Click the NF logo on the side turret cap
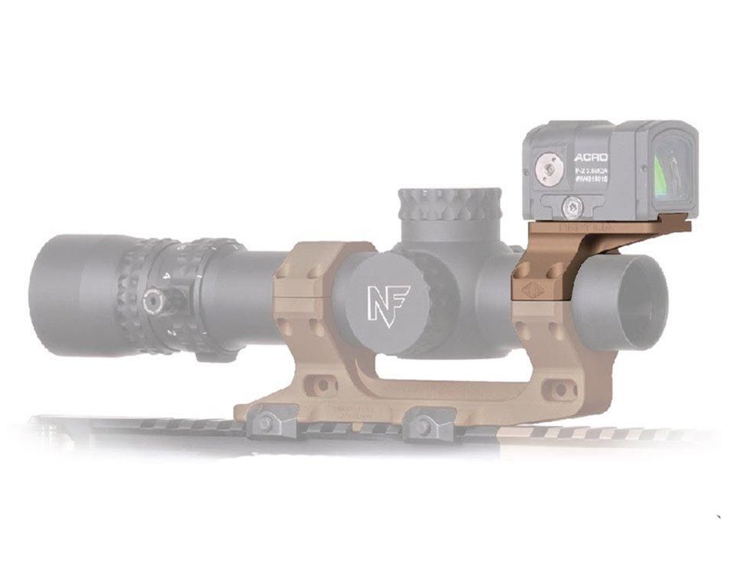tap(386, 304)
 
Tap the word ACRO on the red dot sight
tap(590, 157)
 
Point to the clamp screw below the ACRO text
tap(572, 206)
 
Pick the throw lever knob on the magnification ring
tap(153, 300)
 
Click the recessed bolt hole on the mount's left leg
tap(322, 385)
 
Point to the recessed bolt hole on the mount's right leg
tap(562, 388)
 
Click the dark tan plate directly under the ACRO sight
tap(604, 226)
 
